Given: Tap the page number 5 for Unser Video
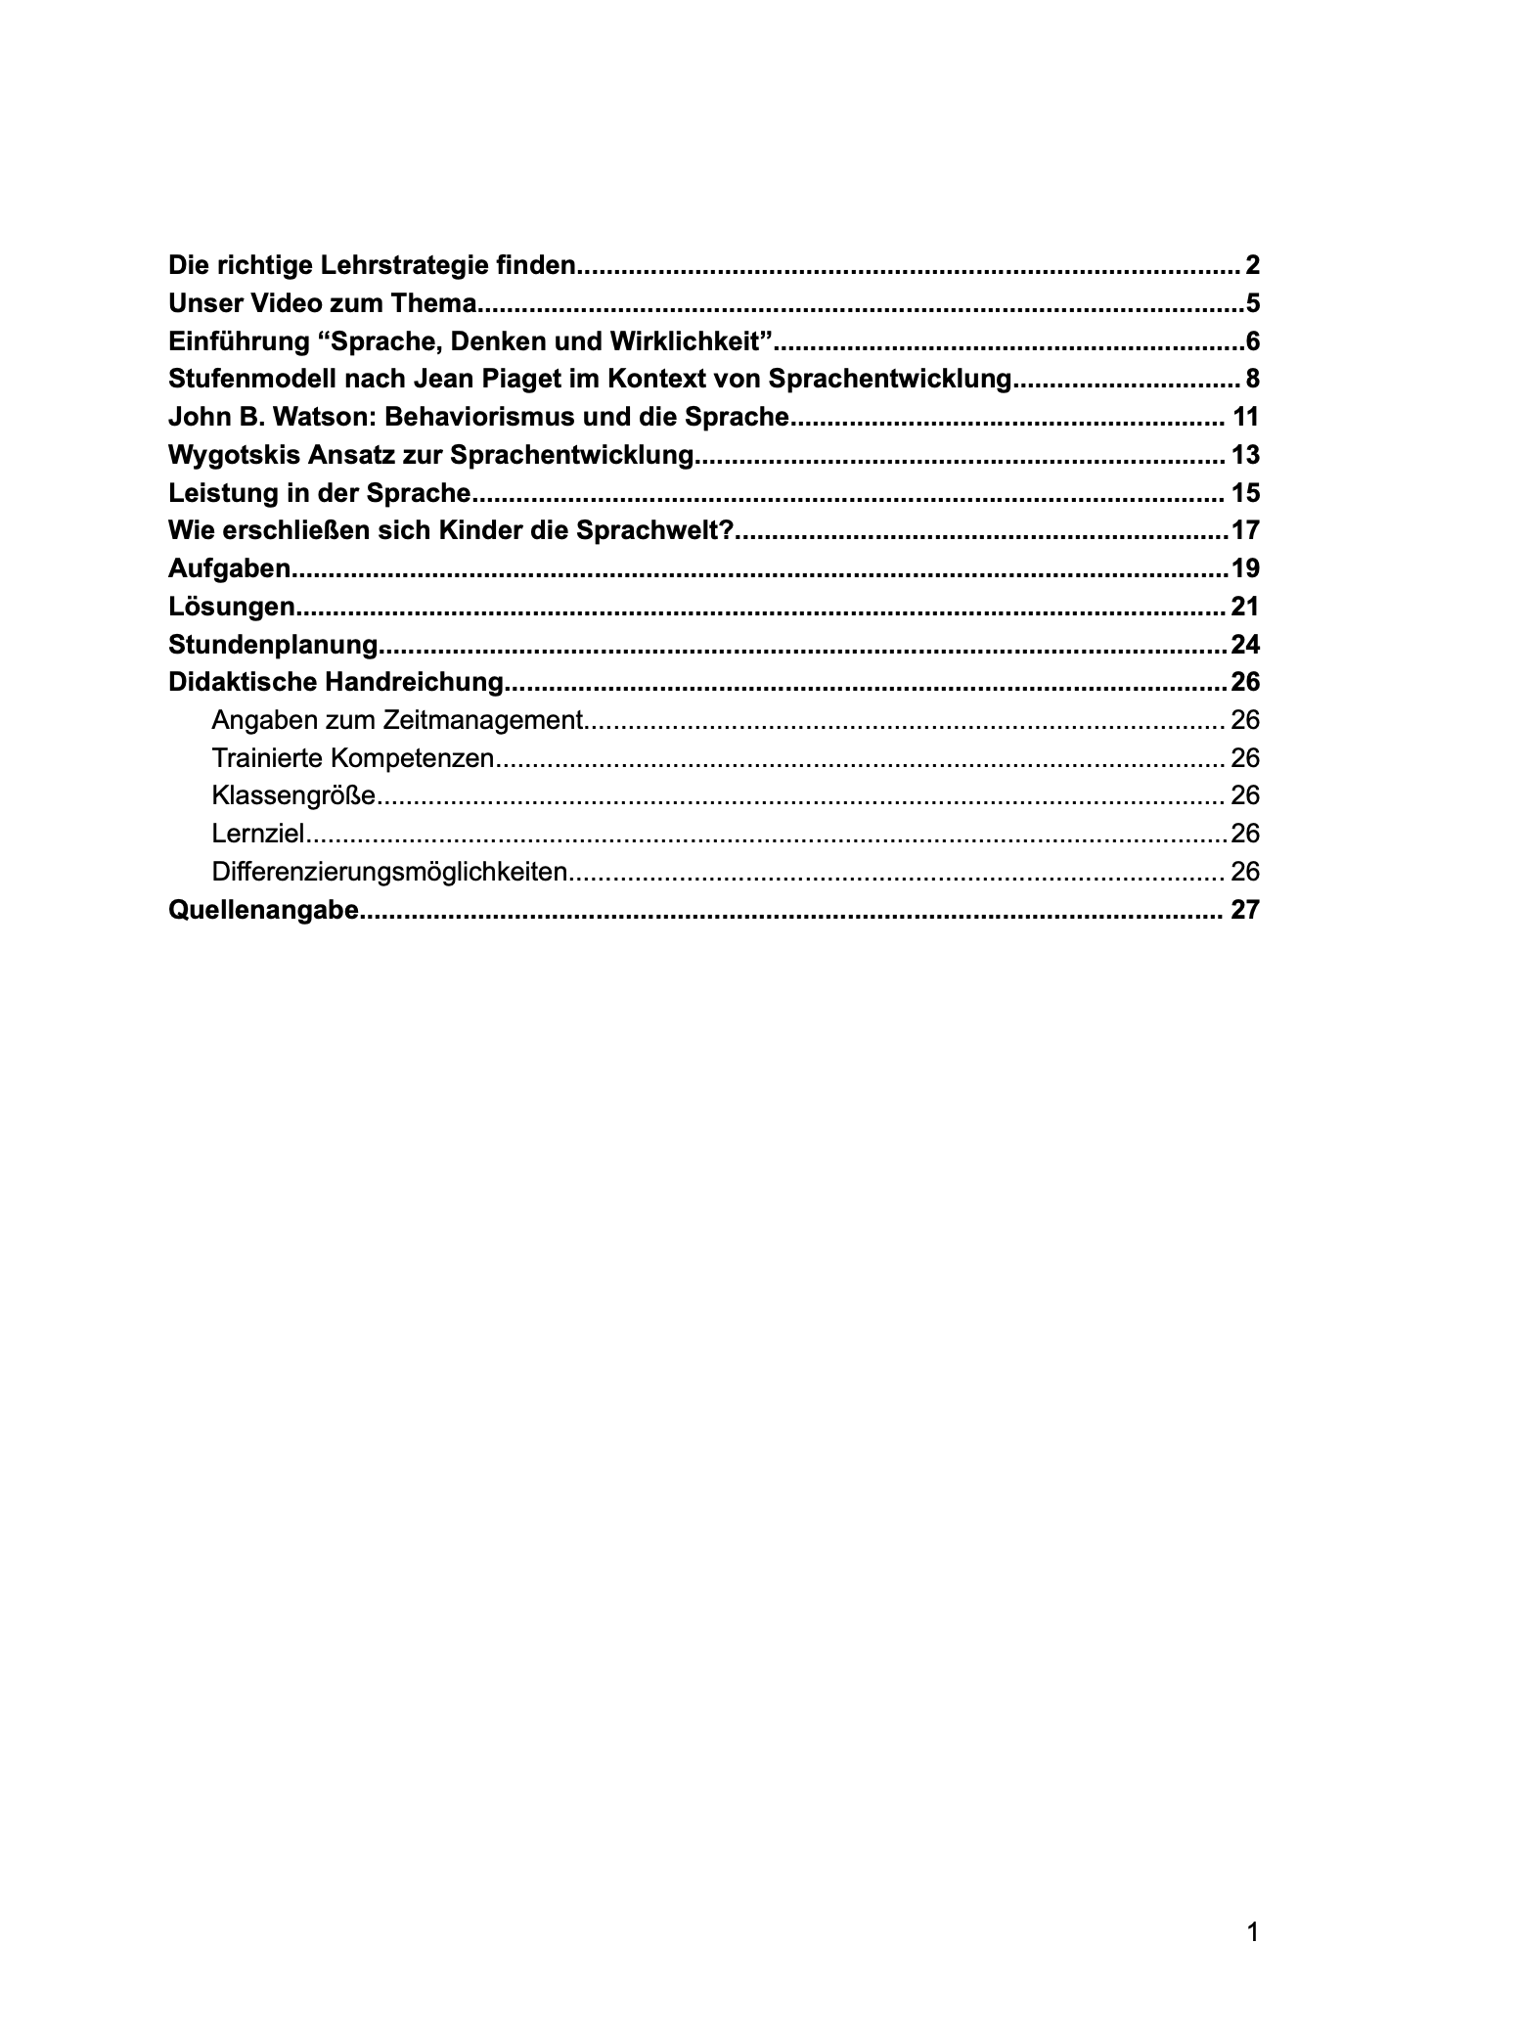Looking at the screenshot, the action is tap(1252, 303).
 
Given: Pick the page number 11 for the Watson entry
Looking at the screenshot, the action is tap(1245, 417).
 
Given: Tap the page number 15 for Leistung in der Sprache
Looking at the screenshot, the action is tap(1245, 493).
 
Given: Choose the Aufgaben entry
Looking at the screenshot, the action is tap(229, 568).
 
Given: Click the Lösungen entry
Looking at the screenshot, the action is tap(231, 607).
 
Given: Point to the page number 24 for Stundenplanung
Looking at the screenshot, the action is tap(1245, 645).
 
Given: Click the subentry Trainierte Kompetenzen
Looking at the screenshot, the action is tap(352, 758).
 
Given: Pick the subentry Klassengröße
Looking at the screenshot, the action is tap(292, 795).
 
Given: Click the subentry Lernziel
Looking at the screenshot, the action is tap(258, 834).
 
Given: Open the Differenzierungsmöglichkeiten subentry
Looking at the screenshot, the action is tap(389, 872).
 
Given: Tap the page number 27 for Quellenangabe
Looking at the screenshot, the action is tap(1245, 910).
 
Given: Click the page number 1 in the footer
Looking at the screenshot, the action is tap(1253, 1932).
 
